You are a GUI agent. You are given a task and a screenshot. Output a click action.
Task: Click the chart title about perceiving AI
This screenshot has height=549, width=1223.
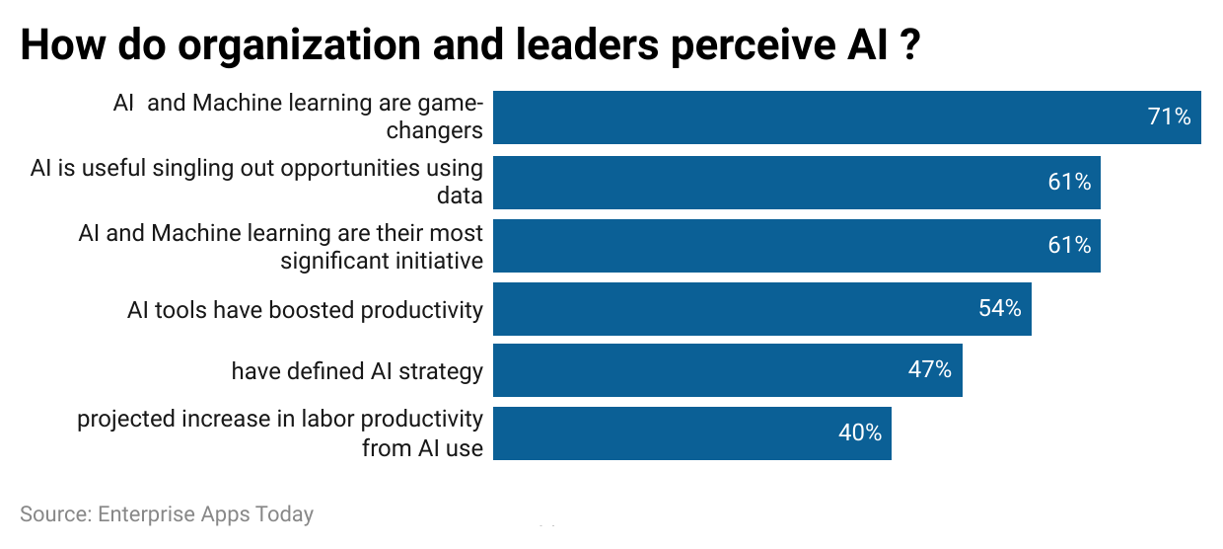tap(470, 45)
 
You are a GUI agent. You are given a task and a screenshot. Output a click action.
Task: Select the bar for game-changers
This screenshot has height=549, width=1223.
tap(846, 118)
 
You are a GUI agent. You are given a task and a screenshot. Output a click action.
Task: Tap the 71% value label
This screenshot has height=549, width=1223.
tap(1169, 118)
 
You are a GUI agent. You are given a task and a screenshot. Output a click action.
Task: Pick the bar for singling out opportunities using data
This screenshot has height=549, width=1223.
tap(796, 182)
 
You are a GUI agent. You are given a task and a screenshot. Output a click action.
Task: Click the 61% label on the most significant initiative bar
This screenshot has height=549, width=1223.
tap(1069, 246)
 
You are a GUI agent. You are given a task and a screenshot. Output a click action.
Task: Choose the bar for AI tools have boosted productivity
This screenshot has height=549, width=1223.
tap(761, 309)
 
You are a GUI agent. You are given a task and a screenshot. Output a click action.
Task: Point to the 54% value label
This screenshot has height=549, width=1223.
tap(999, 309)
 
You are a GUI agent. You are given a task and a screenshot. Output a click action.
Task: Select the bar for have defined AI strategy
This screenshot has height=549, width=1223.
tap(727, 370)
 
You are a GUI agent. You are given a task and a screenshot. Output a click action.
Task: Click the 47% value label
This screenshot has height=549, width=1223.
tap(929, 370)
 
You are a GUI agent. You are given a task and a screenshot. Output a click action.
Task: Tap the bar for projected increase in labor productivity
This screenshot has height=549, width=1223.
tap(691, 433)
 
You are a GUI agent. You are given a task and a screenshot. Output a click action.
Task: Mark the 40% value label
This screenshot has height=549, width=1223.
tap(859, 433)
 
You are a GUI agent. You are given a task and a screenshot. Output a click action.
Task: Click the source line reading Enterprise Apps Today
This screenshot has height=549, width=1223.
tap(167, 514)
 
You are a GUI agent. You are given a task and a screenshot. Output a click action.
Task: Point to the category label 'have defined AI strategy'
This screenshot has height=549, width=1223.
tap(357, 371)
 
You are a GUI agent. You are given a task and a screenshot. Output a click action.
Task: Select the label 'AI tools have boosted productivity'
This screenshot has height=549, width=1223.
tap(305, 310)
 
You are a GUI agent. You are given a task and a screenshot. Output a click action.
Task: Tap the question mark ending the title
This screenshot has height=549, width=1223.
tap(910, 45)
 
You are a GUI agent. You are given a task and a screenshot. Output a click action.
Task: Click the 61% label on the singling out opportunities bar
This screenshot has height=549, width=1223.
tap(1069, 182)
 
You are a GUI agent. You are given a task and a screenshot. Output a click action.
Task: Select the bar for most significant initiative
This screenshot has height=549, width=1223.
tap(796, 246)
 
